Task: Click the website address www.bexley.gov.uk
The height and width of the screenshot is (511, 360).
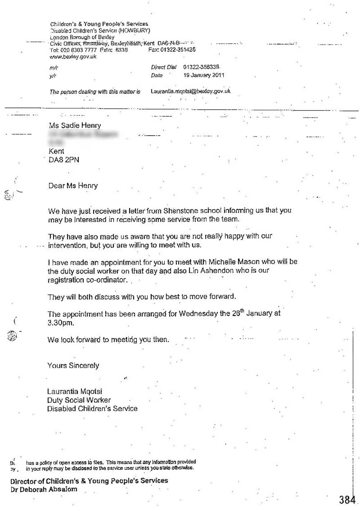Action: (x=73, y=57)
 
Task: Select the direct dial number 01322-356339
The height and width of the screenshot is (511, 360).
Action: (x=201, y=67)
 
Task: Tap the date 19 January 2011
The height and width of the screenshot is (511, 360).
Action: (x=204, y=75)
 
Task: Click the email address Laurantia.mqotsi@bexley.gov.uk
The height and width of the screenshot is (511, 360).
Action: (x=190, y=91)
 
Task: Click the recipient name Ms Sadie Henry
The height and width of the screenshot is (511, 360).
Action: (x=75, y=125)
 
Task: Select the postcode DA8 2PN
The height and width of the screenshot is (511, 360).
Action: (x=64, y=160)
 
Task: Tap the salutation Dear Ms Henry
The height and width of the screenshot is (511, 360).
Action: (x=73, y=186)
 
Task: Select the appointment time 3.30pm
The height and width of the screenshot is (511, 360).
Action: (x=60, y=323)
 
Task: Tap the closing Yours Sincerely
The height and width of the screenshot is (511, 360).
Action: (x=73, y=366)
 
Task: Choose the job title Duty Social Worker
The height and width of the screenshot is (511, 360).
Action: (x=79, y=400)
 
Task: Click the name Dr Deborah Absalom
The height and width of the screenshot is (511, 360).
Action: (x=44, y=489)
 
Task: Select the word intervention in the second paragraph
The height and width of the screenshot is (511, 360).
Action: (x=67, y=245)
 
